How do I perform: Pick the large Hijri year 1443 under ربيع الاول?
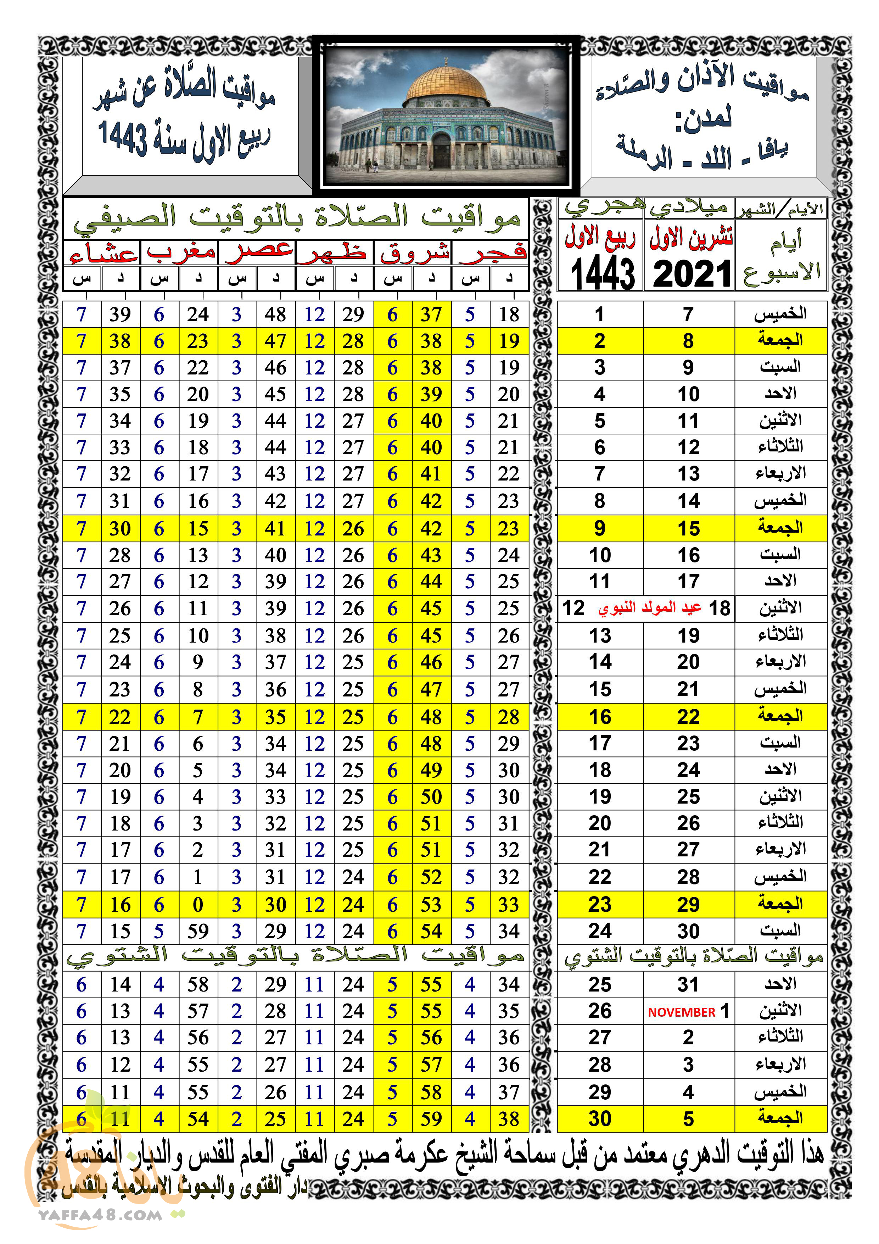[602, 274]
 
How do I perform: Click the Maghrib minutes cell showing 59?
[198, 931]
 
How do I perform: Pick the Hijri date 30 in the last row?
[600, 1118]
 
